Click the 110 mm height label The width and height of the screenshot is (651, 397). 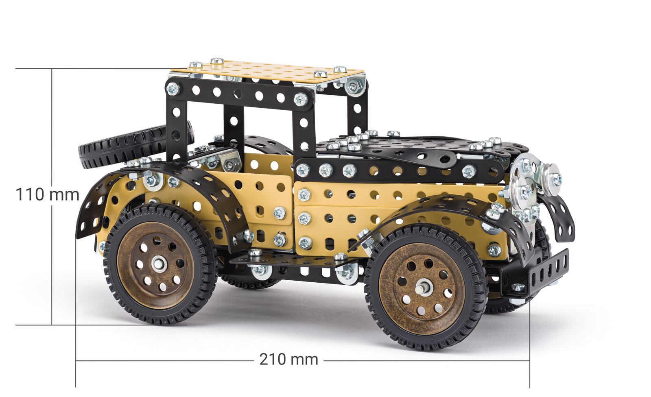[47, 194]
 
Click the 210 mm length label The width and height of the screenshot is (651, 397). [288, 360]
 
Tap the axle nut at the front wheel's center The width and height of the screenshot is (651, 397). [420, 289]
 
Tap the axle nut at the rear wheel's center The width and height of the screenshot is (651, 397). [158, 264]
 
